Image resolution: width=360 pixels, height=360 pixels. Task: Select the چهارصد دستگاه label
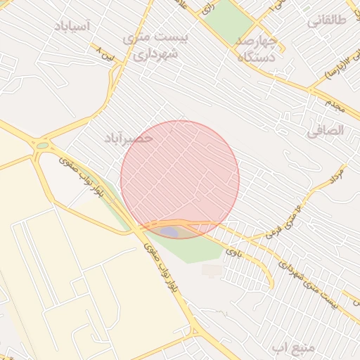260,49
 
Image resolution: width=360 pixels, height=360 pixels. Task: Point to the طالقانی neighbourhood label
327,20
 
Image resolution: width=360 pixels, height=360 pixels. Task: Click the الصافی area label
326,130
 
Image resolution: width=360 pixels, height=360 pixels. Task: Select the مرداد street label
336,174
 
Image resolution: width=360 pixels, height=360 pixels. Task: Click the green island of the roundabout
43,146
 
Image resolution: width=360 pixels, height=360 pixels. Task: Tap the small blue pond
169,231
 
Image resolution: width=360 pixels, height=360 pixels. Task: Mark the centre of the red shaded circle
180,179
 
